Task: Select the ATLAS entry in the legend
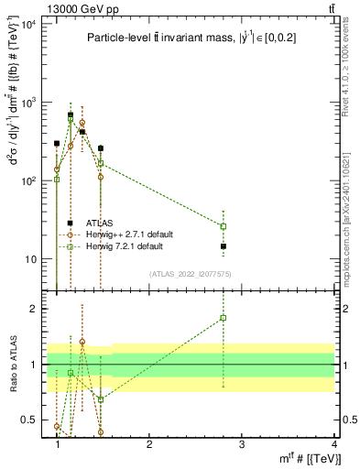click(x=100, y=223)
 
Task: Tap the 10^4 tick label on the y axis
click(x=29, y=24)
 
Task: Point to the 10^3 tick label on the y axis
click(x=29, y=103)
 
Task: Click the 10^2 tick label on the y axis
click(x=29, y=181)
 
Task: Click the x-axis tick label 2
click(x=149, y=443)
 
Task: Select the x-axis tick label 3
click(x=242, y=443)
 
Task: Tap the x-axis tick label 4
click(x=334, y=443)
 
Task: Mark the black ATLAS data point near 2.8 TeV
click(x=224, y=246)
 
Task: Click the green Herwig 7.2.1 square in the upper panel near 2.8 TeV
click(x=224, y=226)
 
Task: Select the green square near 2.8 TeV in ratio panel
click(x=224, y=318)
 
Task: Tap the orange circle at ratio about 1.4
click(x=82, y=342)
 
